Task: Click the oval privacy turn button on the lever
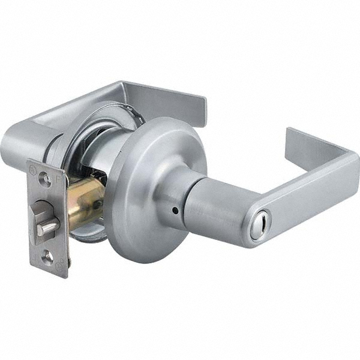coord(260,232)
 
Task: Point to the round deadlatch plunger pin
coord(47,226)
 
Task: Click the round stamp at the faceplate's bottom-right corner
coord(59,268)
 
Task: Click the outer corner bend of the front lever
coord(351,165)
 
